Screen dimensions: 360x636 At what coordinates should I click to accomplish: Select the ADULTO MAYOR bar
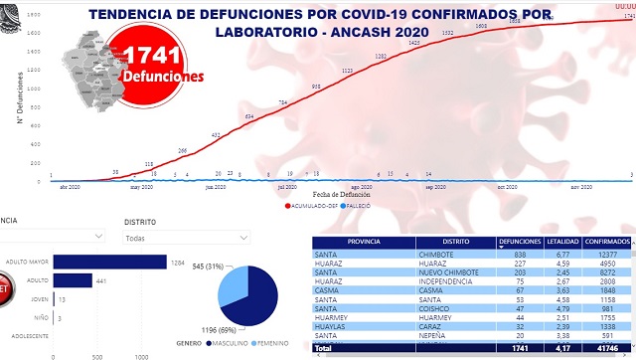108,262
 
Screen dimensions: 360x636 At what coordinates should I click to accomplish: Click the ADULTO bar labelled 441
72,280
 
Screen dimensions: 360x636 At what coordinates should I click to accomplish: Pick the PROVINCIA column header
353,242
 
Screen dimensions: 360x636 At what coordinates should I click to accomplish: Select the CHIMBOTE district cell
455,254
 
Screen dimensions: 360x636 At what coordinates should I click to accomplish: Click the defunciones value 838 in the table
533,254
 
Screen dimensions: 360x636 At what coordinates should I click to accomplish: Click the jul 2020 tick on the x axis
287,186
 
